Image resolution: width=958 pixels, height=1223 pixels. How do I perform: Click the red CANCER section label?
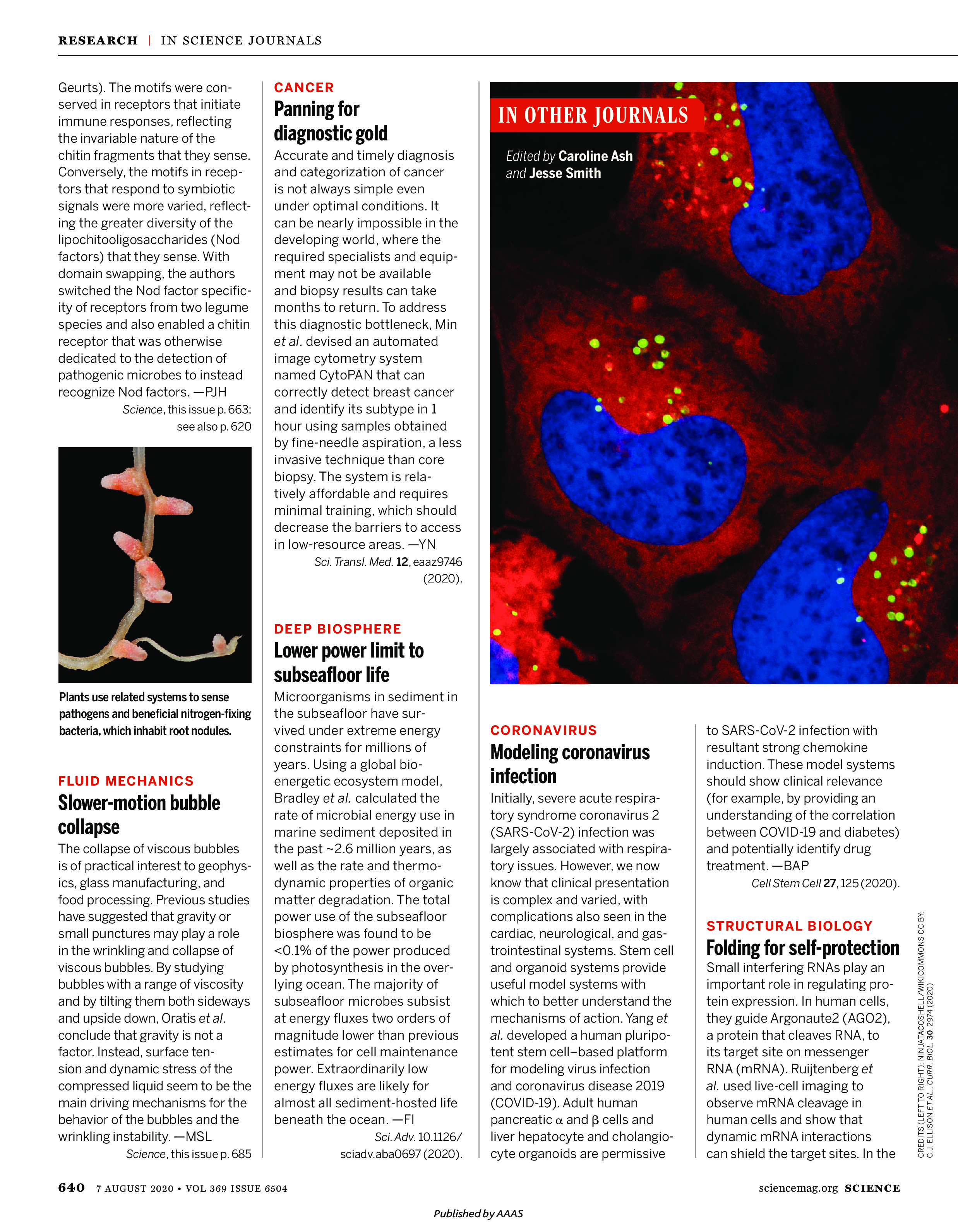pos(303,87)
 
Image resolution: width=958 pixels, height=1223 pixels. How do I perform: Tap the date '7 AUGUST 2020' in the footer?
pos(135,1188)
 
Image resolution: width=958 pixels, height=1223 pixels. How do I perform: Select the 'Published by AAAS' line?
pos(478,1213)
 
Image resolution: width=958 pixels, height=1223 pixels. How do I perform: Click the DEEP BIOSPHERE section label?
pos(337,629)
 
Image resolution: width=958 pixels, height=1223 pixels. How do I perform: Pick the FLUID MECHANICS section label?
pos(126,781)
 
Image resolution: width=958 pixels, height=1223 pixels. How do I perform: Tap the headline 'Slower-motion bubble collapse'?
pos(139,815)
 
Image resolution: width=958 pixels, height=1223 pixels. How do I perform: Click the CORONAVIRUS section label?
pos(543,730)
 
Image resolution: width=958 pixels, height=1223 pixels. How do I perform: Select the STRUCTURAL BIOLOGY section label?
pos(789,926)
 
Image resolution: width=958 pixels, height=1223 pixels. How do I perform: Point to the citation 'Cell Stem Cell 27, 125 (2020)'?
pos(824,883)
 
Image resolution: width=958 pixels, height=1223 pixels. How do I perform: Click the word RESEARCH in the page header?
pos(98,40)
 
